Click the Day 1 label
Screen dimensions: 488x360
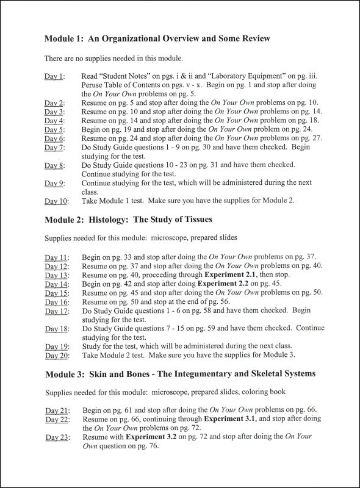coord(54,76)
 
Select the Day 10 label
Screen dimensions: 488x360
coord(56,200)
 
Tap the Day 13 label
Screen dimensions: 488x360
coord(56,275)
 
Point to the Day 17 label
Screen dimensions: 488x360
coord(56,310)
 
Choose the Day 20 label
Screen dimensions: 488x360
coord(56,355)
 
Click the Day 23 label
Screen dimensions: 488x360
coord(56,437)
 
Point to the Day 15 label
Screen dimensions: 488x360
coord(56,293)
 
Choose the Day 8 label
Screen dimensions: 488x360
coord(54,165)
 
